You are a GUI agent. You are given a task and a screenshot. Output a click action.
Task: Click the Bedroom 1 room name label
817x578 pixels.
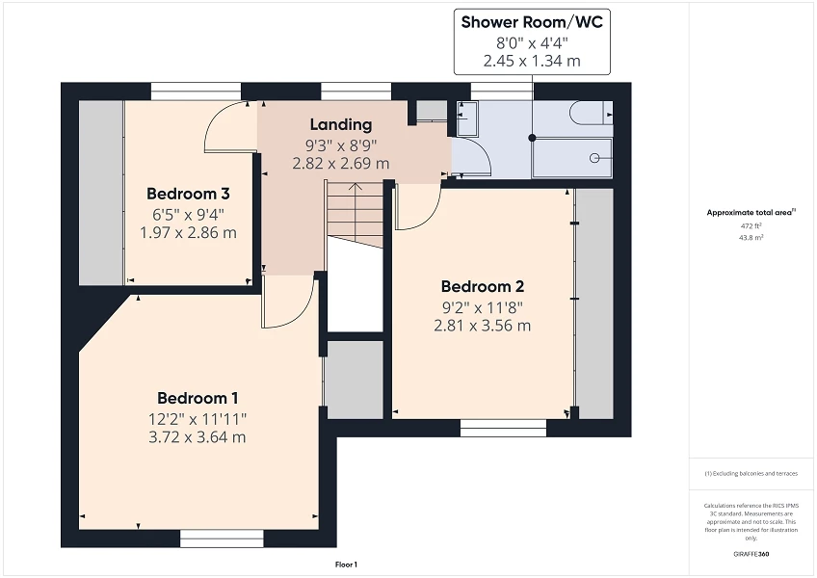(198, 398)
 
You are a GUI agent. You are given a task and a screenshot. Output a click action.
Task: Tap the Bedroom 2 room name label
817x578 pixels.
(482, 286)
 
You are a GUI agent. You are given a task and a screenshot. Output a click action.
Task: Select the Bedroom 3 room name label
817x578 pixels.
(187, 194)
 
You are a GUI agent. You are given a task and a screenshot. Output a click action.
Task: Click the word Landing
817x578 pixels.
(340, 124)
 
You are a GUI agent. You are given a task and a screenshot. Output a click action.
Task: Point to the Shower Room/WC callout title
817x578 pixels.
(532, 22)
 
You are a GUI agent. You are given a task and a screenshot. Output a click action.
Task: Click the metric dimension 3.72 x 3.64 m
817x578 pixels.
(198, 437)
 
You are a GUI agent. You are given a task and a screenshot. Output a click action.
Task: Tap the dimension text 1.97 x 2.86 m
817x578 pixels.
(187, 232)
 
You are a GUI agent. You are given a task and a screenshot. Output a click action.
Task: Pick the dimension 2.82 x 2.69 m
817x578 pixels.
(340, 163)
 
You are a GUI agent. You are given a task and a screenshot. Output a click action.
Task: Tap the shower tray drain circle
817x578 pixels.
(594, 157)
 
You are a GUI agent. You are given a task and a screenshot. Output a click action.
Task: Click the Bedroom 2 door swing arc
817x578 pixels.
(417, 212)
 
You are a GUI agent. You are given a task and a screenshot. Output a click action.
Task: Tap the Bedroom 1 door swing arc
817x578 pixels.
(284, 308)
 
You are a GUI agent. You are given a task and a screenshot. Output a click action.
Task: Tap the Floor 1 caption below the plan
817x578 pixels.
(346, 565)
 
